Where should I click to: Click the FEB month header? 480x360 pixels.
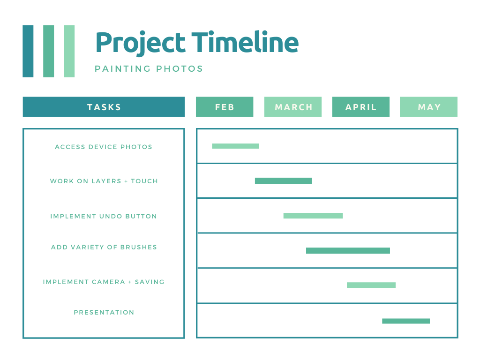225,107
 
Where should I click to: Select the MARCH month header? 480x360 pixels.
293,107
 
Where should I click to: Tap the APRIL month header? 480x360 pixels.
361,107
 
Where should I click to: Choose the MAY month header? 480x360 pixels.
428,107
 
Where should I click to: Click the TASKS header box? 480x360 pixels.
104,107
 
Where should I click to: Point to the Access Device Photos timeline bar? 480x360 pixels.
235,146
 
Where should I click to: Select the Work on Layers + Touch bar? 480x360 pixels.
284,181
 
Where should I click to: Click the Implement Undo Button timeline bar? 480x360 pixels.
313,216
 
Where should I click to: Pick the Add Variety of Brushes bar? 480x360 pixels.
348,251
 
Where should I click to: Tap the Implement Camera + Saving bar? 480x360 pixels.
371,285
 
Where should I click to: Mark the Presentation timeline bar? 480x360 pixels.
406,321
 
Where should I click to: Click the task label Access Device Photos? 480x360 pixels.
104,147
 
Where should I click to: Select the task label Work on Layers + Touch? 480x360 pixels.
104,181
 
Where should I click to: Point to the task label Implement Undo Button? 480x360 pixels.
104,217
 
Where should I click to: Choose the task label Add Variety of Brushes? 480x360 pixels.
104,247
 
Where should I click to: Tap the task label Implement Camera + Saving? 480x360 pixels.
104,282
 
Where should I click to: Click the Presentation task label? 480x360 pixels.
104,313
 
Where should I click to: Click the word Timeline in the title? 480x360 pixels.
245,42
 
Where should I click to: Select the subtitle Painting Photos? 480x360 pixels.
149,68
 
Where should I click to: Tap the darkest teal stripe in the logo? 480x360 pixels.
28,51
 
